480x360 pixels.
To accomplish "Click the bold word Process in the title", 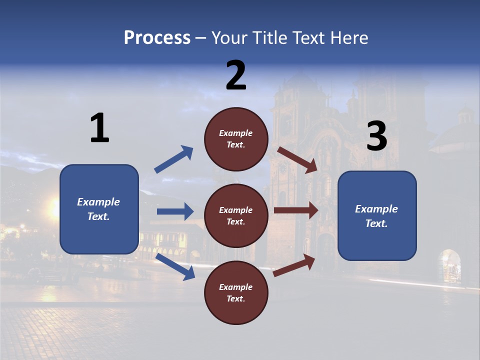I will pos(157,38).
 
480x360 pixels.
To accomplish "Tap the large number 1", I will pos(99,128).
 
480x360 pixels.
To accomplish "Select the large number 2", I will pos(236,75).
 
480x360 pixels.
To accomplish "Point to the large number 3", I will pos(376,136).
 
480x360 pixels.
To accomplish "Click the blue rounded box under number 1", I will pos(99,209).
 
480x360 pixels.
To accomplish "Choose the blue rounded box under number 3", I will pos(376,216).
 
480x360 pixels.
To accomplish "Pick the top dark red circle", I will pos(236,138).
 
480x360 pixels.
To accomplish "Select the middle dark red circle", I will pos(236,215).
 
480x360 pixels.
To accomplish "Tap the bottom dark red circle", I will pos(236,292).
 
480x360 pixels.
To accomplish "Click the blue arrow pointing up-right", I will pos(173,159).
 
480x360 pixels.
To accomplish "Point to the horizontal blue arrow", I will pos(175,211).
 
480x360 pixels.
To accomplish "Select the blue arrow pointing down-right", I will pos(175,266).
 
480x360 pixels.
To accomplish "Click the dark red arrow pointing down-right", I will pos(297,160).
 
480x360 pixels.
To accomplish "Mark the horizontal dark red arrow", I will pos(296,210).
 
